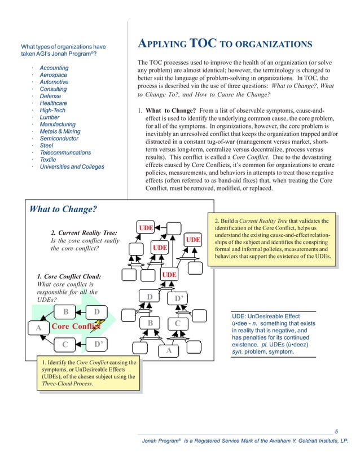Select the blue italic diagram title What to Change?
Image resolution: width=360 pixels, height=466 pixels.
[x=63, y=210]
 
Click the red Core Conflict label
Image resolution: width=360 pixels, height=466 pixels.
[x=73, y=326]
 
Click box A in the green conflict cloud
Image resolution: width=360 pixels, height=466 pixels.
[x=38, y=327]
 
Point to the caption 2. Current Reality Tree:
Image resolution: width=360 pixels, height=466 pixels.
[x=84, y=232]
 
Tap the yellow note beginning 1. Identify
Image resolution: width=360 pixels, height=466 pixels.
[x=87, y=372]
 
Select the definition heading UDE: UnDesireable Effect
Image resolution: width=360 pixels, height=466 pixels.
[x=266, y=316]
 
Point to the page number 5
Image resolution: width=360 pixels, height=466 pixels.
[x=336, y=432]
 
